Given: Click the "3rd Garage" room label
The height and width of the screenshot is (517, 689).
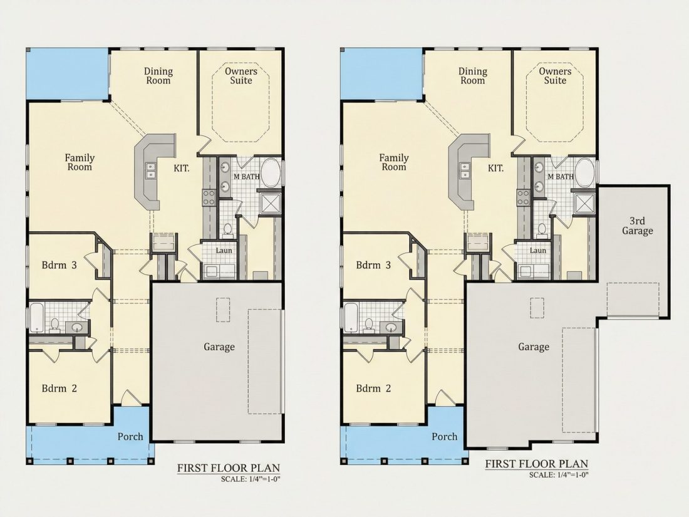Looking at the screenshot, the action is pyautogui.click(x=637, y=226).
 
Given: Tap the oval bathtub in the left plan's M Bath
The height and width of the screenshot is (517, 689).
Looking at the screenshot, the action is pyautogui.click(x=271, y=174).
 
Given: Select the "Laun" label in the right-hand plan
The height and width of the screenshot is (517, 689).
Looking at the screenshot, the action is pyautogui.click(x=538, y=251).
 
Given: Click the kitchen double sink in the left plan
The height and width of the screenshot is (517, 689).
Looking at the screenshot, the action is pyautogui.click(x=150, y=170).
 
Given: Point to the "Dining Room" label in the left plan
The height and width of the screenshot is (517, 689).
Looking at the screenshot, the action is pyautogui.click(x=158, y=76).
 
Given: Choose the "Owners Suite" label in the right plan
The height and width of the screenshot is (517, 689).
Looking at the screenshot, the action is pyautogui.click(x=555, y=76).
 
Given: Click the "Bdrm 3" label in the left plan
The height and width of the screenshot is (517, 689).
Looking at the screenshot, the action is pyautogui.click(x=60, y=265).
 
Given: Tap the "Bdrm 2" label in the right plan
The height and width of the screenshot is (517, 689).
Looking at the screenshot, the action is pyautogui.click(x=373, y=388).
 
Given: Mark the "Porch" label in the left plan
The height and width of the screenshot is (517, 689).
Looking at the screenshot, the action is pyautogui.click(x=130, y=437).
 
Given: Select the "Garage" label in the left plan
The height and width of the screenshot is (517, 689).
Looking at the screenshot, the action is pyautogui.click(x=219, y=347).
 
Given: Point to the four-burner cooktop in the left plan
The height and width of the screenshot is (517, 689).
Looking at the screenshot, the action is pyautogui.click(x=209, y=197).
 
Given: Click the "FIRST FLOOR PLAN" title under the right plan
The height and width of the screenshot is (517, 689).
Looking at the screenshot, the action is pyautogui.click(x=537, y=463).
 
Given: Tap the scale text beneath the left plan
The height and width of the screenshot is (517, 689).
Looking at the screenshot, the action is pyautogui.click(x=250, y=479).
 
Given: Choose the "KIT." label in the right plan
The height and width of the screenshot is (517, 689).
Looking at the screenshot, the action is pyautogui.click(x=495, y=168).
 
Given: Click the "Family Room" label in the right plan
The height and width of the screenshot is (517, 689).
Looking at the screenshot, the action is pyautogui.click(x=394, y=162).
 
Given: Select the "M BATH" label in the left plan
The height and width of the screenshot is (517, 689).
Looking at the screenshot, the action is pyautogui.click(x=247, y=177).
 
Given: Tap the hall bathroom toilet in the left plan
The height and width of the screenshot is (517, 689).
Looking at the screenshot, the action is pyautogui.click(x=55, y=325).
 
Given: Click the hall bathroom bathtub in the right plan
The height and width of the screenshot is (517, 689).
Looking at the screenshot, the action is pyautogui.click(x=351, y=317).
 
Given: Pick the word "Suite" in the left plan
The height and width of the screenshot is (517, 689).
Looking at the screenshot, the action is pyautogui.click(x=241, y=80).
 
